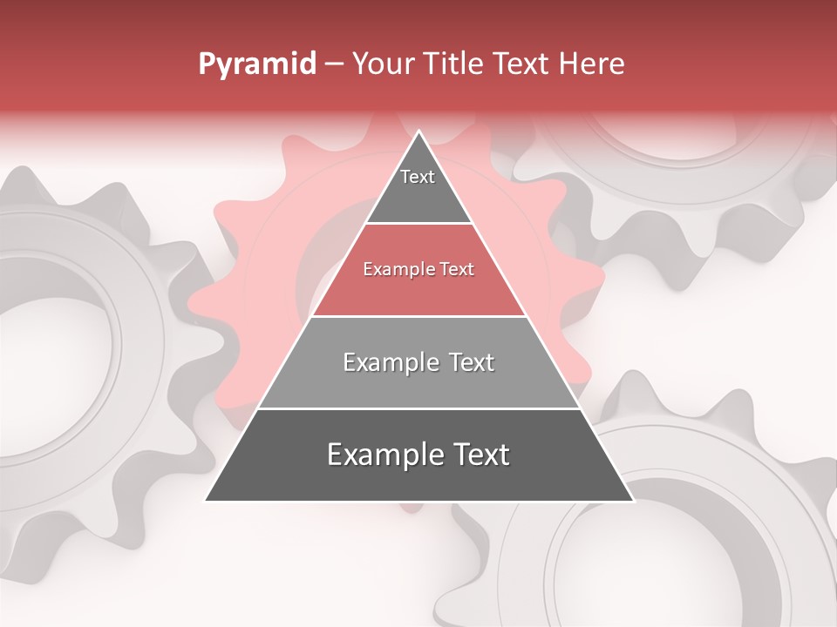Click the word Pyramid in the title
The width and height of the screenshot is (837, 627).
(256, 64)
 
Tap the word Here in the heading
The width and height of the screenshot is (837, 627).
(591, 64)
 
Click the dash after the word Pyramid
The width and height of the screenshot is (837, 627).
(334, 64)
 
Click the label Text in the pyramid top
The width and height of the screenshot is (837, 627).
(418, 177)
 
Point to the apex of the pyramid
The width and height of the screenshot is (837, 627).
(419, 131)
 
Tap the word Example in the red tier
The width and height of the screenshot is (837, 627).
(396, 270)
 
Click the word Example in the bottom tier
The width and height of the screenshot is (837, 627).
(380, 455)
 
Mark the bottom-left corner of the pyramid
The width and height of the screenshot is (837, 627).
(206, 500)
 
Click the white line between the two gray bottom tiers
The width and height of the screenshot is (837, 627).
(418, 408)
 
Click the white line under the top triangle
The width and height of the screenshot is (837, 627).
(418, 224)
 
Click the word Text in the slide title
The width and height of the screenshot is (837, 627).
(522, 64)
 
